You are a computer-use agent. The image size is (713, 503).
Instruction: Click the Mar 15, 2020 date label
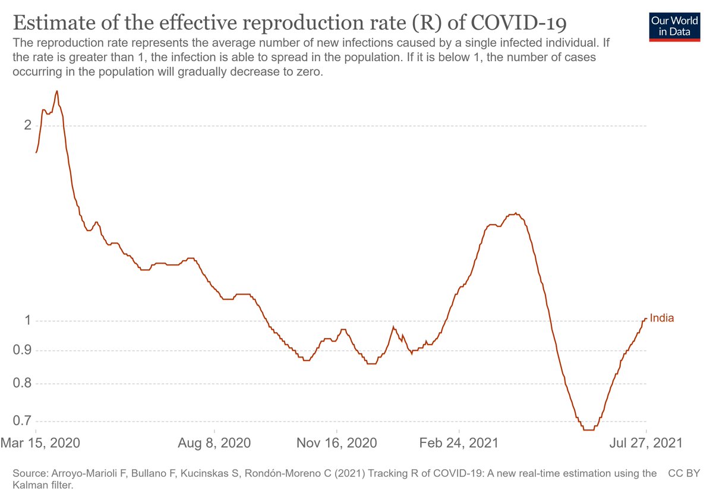(x=40, y=443)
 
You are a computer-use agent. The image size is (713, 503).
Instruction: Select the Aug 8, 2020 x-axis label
(x=214, y=443)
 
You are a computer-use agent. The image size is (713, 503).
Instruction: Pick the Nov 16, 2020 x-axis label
(x=337, y=443)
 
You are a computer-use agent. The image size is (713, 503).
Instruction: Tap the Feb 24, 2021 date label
(x=459, y=443)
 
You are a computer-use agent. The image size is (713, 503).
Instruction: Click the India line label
(x=662, y=318)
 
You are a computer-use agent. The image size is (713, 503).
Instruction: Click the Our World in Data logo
(x=671, y=25)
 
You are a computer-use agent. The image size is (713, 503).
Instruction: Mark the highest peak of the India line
(x=56, y=91)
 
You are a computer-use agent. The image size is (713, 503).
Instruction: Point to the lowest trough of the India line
(x=588, y=430)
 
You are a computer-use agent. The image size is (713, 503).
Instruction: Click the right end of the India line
(x=646, y=319)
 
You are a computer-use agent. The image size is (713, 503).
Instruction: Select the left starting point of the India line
(x=36, y=153)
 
